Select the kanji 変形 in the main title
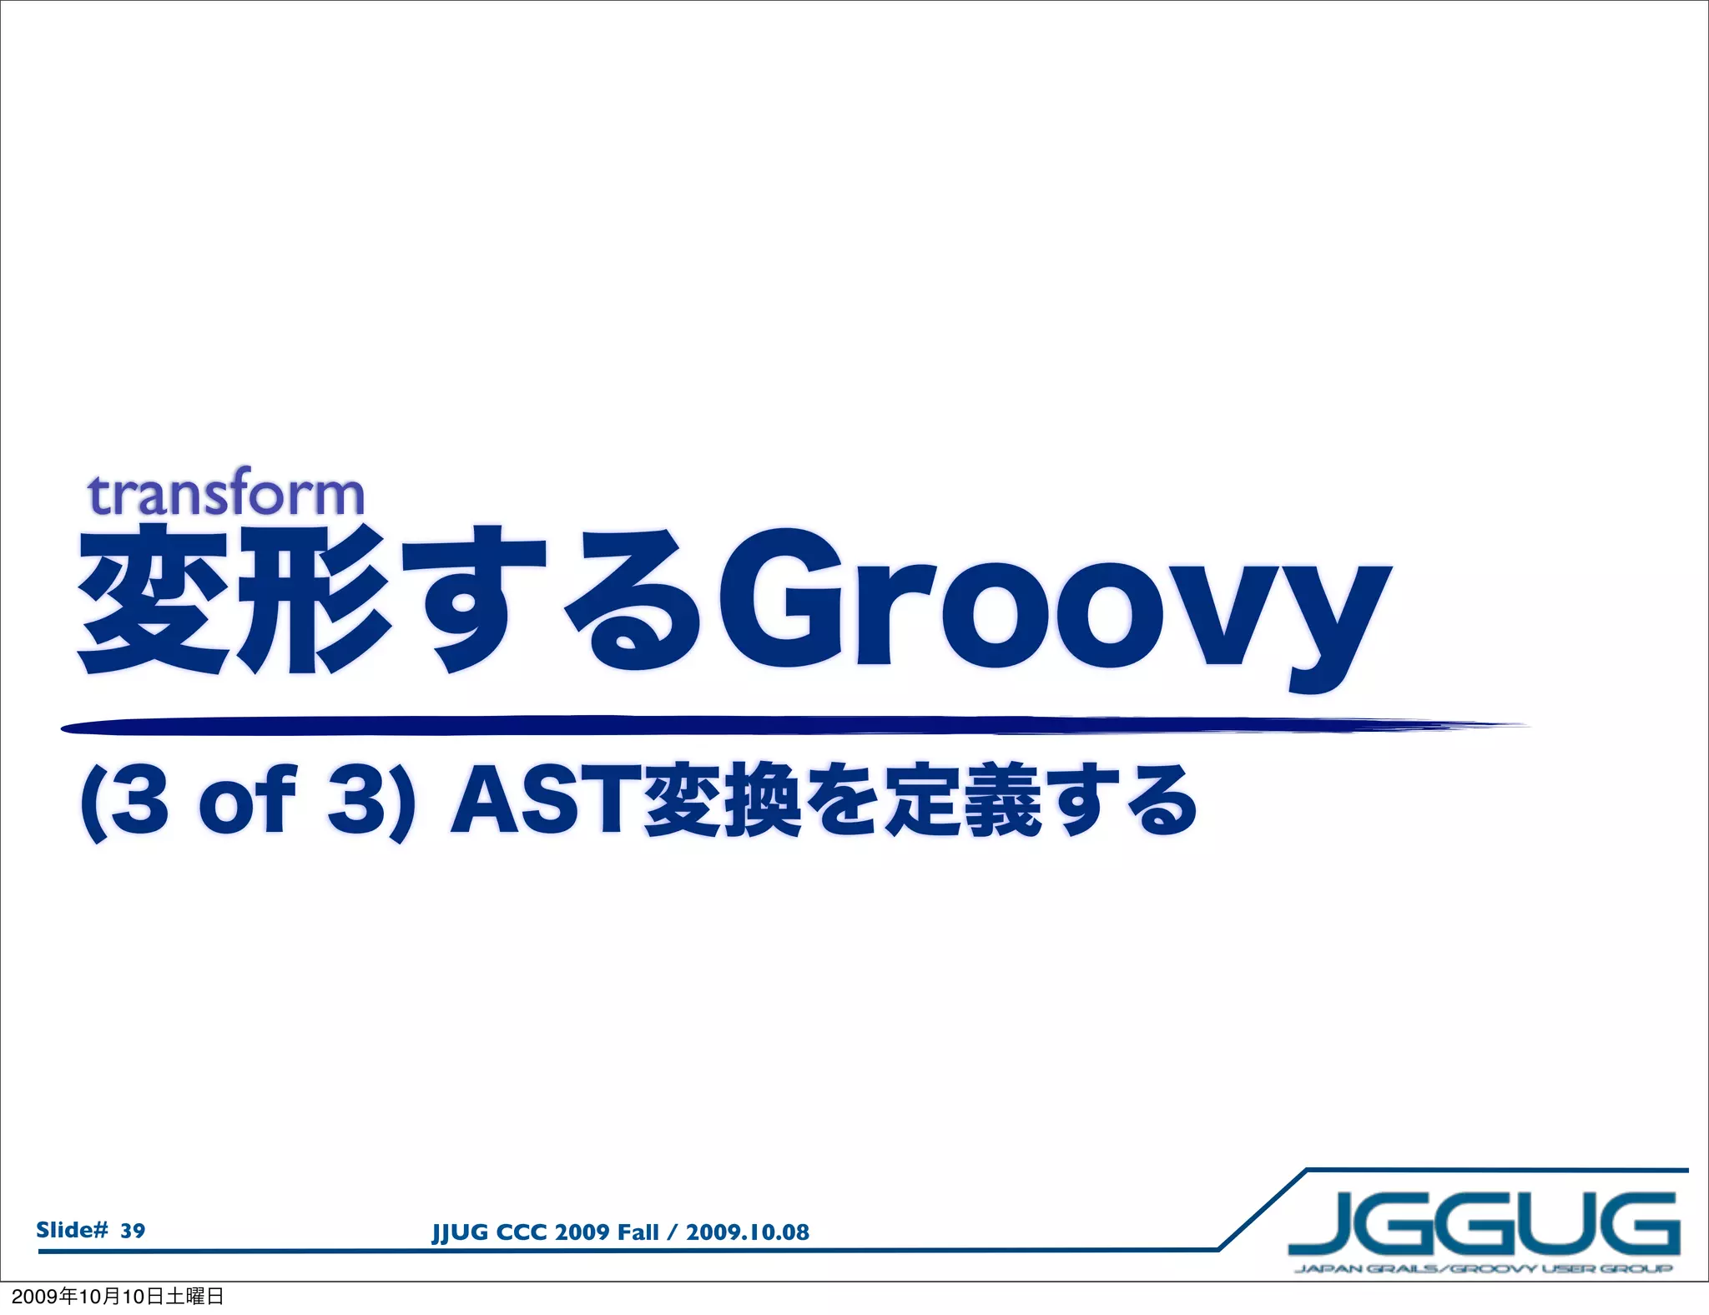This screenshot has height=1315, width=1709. click(234, 601)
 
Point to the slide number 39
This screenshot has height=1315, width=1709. click(133, 1231)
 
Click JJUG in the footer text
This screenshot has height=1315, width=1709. click(460, 1233)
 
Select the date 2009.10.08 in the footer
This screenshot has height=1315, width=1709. click(747, 1232)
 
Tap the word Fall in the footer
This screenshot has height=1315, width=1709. click(638, 1232)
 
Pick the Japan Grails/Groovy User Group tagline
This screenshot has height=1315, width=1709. click(1484, 1269)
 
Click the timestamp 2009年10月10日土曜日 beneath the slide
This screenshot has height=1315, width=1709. click(118, 1296)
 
